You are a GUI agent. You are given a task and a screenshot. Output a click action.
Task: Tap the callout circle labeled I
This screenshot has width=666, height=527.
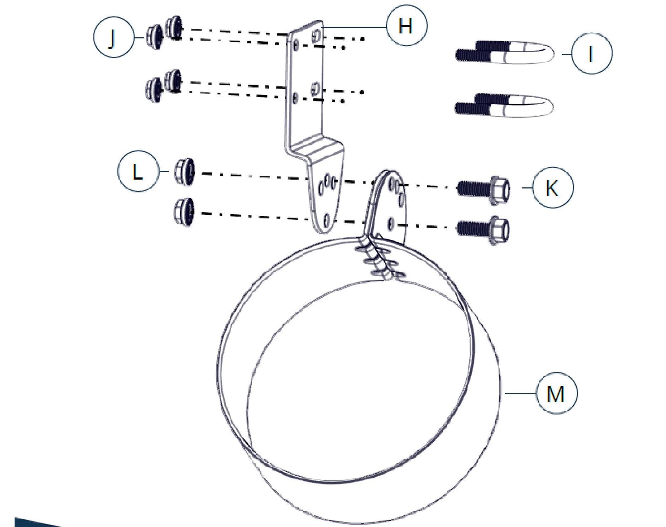[592, 53]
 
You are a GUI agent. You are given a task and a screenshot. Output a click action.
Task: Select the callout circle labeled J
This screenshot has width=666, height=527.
[113, 37]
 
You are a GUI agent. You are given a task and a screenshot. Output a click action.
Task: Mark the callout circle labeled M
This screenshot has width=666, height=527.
[556, 393]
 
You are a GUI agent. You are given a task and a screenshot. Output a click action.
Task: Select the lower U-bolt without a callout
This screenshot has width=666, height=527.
[505, 105]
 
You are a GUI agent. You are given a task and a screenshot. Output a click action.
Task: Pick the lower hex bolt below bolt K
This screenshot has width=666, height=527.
[483, 229]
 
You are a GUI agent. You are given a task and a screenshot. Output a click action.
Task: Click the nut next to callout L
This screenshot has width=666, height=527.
[185, 172]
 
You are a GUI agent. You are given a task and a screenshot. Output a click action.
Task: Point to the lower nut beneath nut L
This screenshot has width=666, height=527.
[185, 212]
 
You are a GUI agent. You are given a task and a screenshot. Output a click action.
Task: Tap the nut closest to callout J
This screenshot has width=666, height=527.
[154, 37]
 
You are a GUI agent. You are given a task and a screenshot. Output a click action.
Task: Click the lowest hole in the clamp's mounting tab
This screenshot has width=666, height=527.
[391, 223]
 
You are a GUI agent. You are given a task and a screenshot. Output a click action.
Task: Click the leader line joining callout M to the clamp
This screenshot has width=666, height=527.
[521, 393]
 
